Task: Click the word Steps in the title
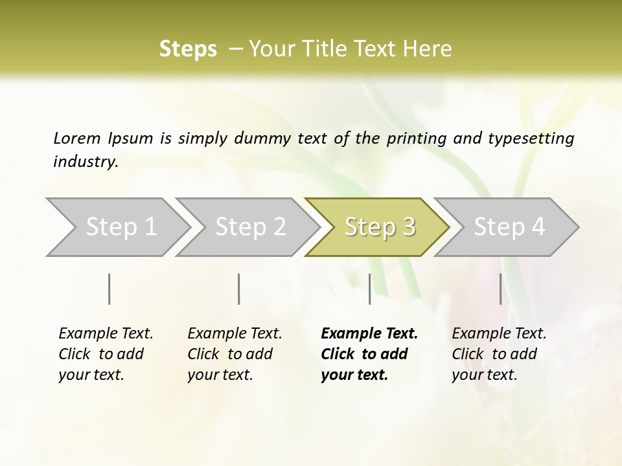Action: (x=188, y=49)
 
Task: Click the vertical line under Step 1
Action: (x=109, y=289)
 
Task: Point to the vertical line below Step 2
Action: (x=239, y=289)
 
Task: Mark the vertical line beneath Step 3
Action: (x=369, y=289)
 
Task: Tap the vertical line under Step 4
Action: (x=500, y=289)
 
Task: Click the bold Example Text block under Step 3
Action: (x=369, y=354)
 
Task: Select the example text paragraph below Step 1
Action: (x=106, y=354)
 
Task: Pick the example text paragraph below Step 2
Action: (x=235, y=354)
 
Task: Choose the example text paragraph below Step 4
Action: (x=499, y=354)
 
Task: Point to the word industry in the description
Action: (x=85, y=162)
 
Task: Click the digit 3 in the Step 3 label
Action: (x=408, y=227)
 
